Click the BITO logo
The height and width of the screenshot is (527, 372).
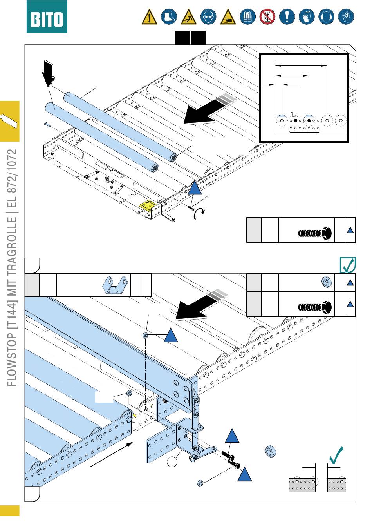coord(47,17)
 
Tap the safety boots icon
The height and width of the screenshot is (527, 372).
coord(169,17)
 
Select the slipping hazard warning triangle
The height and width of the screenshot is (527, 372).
coord(189,17)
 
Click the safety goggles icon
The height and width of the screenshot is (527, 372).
coord(208,17)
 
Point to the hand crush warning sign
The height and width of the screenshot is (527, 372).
coord(228,17)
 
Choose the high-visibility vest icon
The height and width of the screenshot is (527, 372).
coord(247,17)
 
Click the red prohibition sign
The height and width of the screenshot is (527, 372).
coord(267,17)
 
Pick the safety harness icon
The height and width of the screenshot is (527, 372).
coord(346,17)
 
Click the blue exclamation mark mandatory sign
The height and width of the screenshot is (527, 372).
coord(287,17)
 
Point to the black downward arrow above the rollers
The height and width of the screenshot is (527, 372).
coord(49,73)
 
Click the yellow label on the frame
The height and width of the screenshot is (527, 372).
coord(148,205)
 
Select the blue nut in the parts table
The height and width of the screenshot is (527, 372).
coord(325,282)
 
